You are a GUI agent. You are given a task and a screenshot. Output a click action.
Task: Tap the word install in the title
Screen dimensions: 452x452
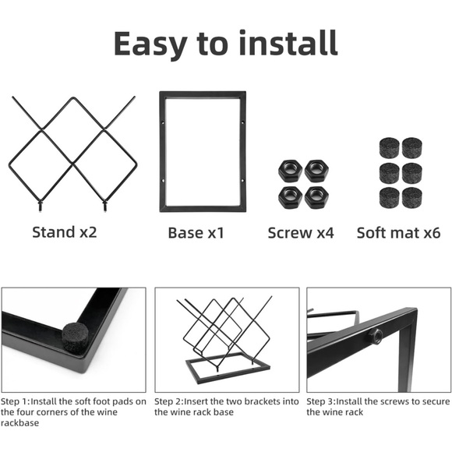(288, 43)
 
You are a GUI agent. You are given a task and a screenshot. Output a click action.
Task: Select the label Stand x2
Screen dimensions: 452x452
(65, 232)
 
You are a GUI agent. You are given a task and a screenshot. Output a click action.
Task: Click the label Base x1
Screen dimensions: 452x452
(196, 233)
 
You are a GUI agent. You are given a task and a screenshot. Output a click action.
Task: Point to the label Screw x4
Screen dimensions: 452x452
(301, 233)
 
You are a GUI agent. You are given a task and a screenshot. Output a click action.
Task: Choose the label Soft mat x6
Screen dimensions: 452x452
(399, 233)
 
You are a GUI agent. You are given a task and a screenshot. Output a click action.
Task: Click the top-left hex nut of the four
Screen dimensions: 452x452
(290, 171)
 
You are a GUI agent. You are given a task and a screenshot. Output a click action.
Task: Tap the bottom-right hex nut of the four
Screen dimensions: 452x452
(316, 197)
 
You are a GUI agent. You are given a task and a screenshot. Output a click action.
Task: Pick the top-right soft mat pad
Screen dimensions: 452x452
(412, 147)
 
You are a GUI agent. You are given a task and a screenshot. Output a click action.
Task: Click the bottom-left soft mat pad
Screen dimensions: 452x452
(389, 198)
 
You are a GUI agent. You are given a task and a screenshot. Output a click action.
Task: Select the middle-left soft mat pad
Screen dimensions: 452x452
(389, 173)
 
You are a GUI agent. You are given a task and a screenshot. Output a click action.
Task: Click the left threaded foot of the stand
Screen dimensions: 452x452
(40, 206)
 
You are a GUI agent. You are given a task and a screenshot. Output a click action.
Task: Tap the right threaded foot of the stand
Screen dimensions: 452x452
(105, 206)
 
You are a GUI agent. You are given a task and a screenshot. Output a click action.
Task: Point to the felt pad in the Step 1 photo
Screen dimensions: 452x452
(76, 338)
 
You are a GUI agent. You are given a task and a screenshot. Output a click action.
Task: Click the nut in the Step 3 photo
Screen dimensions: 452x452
(375, 336)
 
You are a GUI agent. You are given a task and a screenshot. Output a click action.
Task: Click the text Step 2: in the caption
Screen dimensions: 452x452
(169, 401)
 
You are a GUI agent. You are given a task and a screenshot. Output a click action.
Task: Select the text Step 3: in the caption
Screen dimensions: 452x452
(321, 401)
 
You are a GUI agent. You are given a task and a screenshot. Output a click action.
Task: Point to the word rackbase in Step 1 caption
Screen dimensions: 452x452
(19, 423)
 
